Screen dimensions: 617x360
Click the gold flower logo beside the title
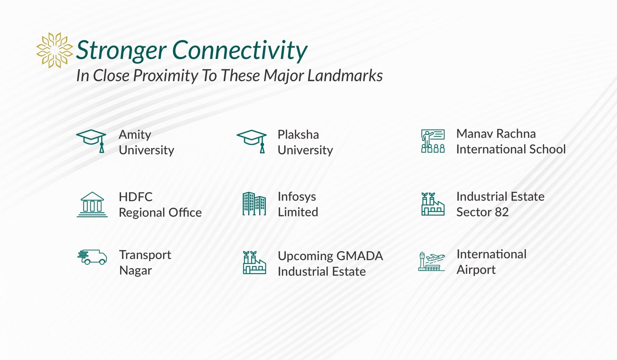tap(54, 50)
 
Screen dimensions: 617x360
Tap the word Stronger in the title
tap(121, 51)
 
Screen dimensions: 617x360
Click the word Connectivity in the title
tap(240, 50)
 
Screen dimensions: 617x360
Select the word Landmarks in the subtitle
tap(345, 75)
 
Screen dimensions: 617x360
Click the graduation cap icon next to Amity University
tap(91, 141)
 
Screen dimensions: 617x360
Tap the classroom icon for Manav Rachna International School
tap(433, 141)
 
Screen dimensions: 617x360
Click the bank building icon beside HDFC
tap(92, 205)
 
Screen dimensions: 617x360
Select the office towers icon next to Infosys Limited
tap(254, 204)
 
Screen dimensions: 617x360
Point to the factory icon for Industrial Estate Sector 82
tap(433, 204)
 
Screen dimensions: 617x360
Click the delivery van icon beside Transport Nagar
tap(92, 257)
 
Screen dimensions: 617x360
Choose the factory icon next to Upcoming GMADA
tap(254, 262)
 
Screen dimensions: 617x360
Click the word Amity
tap(135, 135)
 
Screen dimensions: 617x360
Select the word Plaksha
tap(298, 135)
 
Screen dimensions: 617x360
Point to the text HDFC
tap(135, 197)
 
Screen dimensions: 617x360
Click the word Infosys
tap(297, 197)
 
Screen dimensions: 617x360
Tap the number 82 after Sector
tap(502, 212)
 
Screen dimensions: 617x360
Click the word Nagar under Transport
tap(135, 271)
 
